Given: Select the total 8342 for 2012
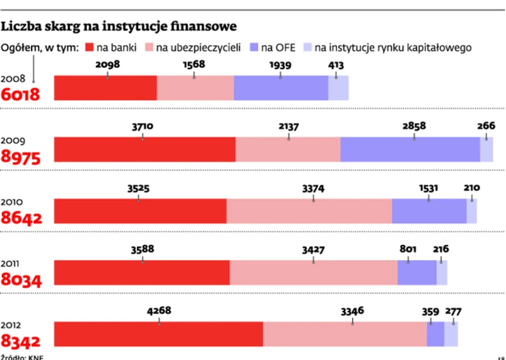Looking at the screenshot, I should click(21, 341).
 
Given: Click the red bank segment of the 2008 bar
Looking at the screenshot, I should click(106, 88).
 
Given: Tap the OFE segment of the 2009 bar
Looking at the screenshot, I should click(410, 150).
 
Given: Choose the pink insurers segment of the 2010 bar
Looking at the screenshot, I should click(309, 211).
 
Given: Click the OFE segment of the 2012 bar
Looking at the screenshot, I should click(435, 334).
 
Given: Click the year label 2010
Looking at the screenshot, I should click(13, 202).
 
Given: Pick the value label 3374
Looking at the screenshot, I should click(313, 187).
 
